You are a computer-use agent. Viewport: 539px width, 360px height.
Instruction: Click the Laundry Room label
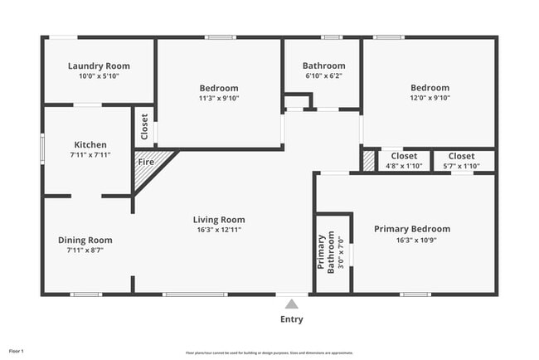pos(99,66)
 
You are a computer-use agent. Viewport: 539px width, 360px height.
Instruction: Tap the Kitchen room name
pos(90,144)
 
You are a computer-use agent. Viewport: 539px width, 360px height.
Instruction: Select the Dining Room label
pos(85,241)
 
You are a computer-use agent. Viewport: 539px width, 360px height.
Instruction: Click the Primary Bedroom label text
pos(411,229)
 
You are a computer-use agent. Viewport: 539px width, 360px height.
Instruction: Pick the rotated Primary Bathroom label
pos(323,251)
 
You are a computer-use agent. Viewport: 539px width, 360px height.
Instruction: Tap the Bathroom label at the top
pos(323,66)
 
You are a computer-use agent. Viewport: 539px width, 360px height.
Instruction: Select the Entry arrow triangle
pos(291,304)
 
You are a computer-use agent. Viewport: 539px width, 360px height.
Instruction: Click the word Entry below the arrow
pos(291,319)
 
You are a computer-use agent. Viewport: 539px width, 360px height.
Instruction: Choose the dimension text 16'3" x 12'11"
pos(219,230)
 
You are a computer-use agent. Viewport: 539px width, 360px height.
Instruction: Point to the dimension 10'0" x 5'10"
pos(99,76)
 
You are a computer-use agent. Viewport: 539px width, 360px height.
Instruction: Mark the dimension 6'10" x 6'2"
pos(323,75)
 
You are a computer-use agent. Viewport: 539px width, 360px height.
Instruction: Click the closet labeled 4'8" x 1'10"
pos(404,156)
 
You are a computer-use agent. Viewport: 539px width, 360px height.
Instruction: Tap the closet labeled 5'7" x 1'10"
pos(461,156)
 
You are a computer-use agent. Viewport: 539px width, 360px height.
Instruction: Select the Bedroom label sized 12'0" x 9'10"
pos(430,88)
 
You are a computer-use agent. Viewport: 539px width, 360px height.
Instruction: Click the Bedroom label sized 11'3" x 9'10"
pos(219,88)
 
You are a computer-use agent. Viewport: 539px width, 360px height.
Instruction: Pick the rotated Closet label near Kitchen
pos(144,129)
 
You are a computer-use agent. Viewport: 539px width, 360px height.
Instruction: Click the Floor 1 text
pos(17,352)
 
